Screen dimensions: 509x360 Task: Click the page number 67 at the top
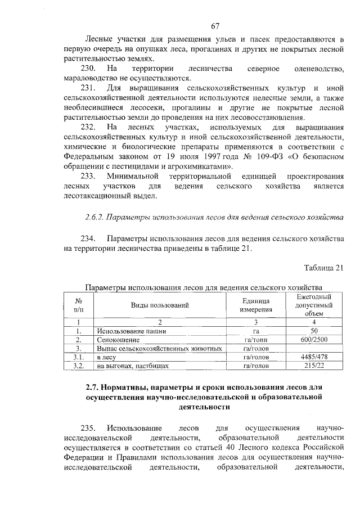point(214,26)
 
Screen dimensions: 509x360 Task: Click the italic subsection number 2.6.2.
point(94,216)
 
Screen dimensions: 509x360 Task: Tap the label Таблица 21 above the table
point(323,267)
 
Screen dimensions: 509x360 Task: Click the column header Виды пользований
point(160,305)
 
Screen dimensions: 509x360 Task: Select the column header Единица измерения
point(257,305)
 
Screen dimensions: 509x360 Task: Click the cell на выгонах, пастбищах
point(124,366)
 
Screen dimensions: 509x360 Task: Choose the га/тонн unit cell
point(257,340)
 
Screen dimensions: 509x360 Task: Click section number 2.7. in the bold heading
point(93,388)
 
